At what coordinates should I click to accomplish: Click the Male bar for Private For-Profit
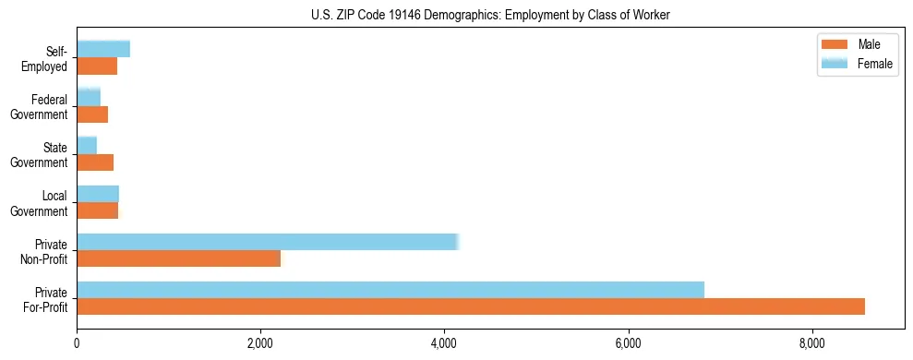pos(471,306)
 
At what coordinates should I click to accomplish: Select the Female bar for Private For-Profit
pos(390,290)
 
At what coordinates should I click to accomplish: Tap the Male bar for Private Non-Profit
pos(178,258)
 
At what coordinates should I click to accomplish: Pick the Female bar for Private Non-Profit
pos(268,242)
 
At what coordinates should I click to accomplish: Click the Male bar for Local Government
pos(98,210)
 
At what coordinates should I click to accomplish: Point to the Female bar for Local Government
pos(98,194)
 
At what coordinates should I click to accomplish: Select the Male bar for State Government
pos(95,162)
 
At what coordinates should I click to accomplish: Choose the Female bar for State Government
pos(87,146)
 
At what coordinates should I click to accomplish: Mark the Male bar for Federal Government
pos(92,114)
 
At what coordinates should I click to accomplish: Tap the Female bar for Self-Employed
pos(103,50)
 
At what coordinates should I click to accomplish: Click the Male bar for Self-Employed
pos(97,66)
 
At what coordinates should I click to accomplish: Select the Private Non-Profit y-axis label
pos(49,250)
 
